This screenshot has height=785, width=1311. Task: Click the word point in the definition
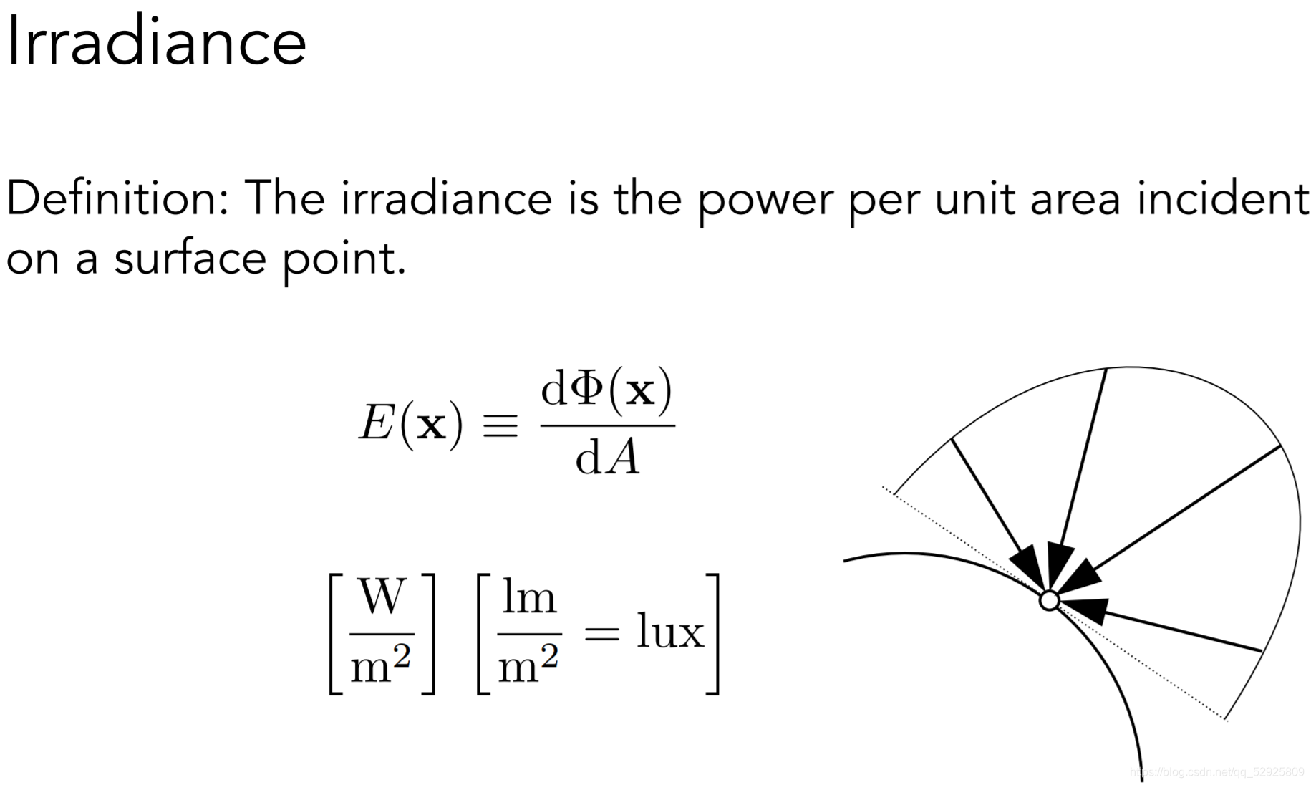click(x=344, y=259)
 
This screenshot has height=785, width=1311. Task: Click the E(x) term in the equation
click(x=410, y=424)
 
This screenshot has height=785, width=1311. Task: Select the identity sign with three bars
click(x=500, y=425)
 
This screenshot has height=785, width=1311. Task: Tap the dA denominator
click(x=607, y=458)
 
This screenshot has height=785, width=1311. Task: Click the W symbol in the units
click(x=382, y=596)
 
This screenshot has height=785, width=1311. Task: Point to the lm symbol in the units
click(x=528, y=596)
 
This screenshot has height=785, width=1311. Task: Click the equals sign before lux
click(x=601, y=633)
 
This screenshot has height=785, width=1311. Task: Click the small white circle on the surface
click(x=1049, y=600)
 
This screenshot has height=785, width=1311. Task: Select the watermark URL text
click(x=1216, y=772)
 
